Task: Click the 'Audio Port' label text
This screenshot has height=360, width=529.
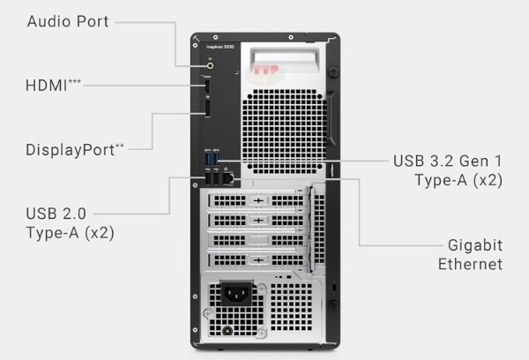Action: pos(68,21)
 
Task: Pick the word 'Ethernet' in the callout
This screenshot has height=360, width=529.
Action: pos(470,264)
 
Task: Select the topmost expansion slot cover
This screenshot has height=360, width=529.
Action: pos(257,200)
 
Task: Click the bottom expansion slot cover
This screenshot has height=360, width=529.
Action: pos(257,259)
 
